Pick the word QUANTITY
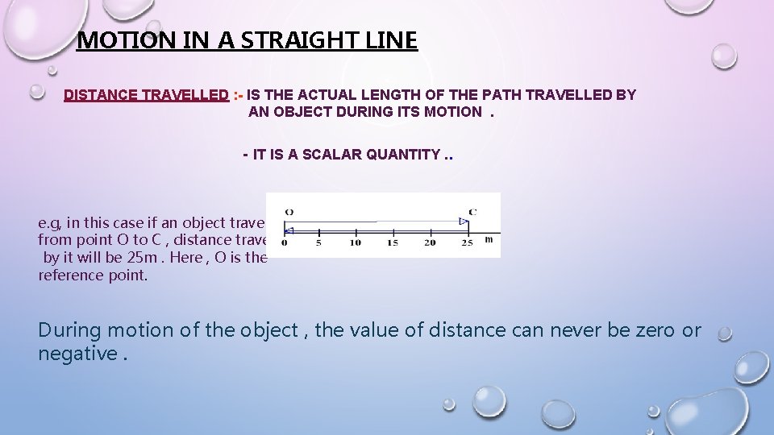tap(403, 155)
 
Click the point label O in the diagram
tap(289, 213)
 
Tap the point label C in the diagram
tap(472, 213)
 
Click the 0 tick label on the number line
tap(285, 242)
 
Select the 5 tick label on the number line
tap(318, 242)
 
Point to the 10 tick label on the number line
tap(355, 242)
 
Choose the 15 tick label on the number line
tap(392, 242)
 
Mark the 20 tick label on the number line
tap(430, 242)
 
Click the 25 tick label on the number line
tap(467, 242)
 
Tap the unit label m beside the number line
tap(489, 240)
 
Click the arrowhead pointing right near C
tap(463, 221)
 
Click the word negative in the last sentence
tap(75, 354)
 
